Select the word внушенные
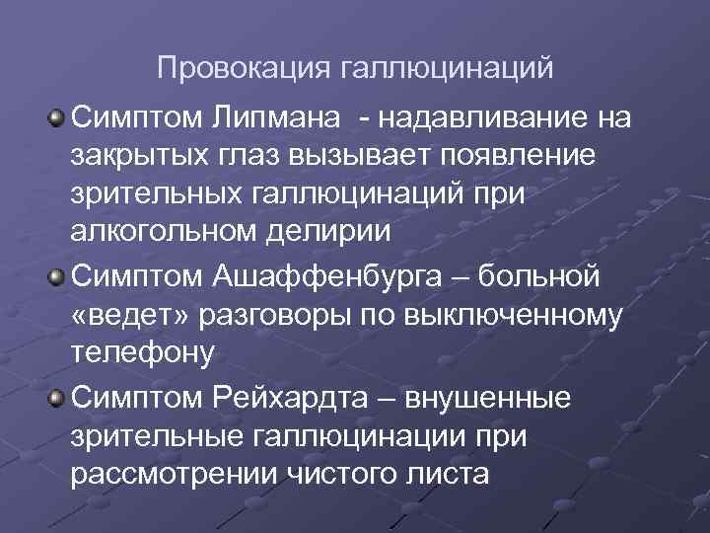tap(533, 398)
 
